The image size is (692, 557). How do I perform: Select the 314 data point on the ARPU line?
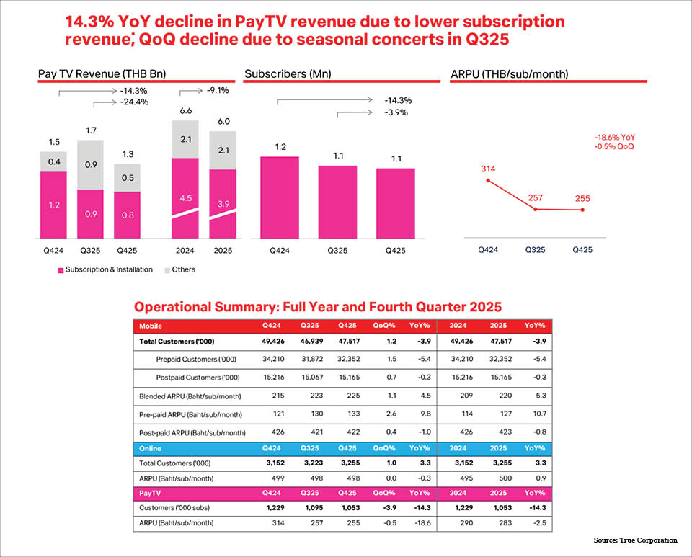point(488,180)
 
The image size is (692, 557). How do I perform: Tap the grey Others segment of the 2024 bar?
point(185,139)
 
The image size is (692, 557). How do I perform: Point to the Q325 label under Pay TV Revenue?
point(90,251)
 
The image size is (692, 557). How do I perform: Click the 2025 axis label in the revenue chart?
point(223,251)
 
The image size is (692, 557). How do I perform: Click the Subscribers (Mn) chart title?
point(285,73)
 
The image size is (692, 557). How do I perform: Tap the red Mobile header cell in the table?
point(151,326)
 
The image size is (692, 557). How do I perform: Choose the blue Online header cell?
point(151,447)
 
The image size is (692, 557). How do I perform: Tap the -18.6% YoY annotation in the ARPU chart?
point(615,137)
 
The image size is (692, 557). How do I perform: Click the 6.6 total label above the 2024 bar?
point(185,110)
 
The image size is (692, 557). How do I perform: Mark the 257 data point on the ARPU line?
point(536,209)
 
